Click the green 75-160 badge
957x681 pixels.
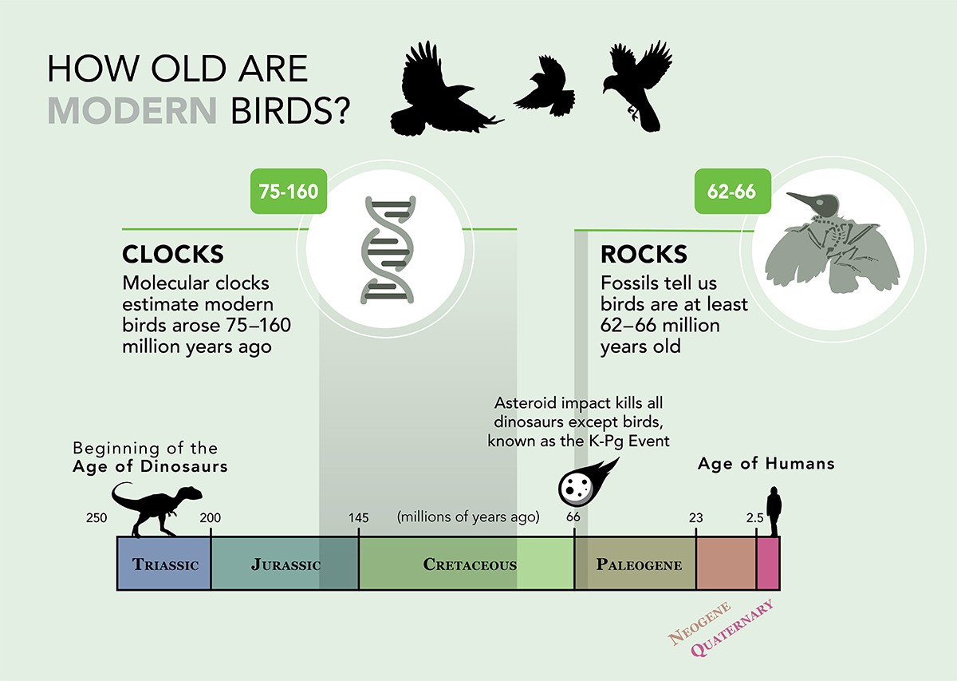click(288, 192)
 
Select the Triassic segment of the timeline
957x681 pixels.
click(164, 564)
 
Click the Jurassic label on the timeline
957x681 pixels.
click(286, 565)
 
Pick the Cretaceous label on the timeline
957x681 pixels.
click(470, 565)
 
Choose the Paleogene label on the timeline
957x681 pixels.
click(639, 565)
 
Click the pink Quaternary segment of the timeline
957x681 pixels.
click(767, 564)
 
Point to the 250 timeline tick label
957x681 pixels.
click(96, 517)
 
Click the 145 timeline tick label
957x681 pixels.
click(358, 517)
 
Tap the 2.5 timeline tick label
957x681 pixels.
click(754, 517)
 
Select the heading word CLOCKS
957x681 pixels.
click(172, 254)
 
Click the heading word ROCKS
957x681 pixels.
click(643, 254)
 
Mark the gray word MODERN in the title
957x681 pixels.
click(132, 111)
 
